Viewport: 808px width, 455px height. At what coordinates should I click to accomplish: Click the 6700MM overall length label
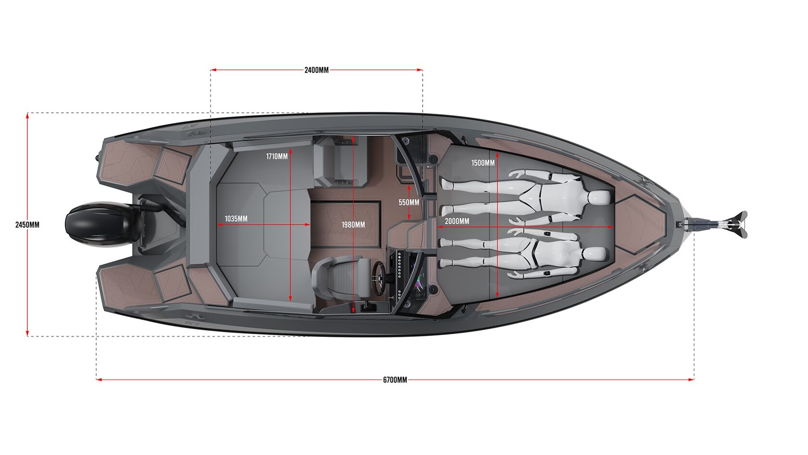(395, 380)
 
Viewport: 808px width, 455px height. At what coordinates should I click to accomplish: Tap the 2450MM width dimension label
(27, 224)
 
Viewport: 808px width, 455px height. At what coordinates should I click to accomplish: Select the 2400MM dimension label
(316, 70)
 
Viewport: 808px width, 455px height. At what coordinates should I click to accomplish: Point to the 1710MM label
(277, 156)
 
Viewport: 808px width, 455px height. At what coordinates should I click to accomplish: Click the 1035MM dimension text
(236, 219)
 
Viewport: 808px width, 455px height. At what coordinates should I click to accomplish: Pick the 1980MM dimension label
(353, 225)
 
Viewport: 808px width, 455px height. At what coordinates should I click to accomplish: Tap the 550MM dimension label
(409, 202)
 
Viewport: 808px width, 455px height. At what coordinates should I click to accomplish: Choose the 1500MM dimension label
(483, 163)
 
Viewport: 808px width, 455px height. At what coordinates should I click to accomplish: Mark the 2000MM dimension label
(457, 221)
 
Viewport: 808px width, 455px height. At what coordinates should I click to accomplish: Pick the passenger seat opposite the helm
(339, 161)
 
